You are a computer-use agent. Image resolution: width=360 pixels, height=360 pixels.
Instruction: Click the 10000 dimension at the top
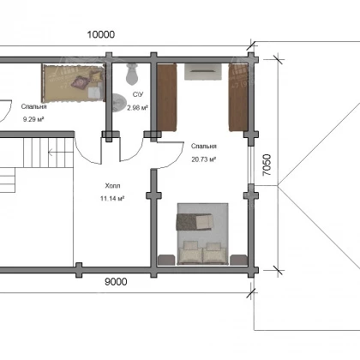tap(101, 34)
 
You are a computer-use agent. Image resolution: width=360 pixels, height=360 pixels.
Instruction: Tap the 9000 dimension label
tap(116, 282)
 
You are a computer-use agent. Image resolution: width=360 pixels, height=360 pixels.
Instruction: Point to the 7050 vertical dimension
tap(267, 165)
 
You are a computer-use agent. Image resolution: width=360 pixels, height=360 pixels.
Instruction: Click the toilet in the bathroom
tap(132, 75)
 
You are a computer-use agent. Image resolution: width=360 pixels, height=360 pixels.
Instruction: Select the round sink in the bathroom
tap(118, 103)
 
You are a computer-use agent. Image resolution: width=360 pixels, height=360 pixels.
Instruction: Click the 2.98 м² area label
tap(137, 108)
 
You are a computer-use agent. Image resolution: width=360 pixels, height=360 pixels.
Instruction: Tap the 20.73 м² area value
tap(203, 159)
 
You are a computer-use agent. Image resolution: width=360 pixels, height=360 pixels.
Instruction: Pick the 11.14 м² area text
tap(112, 198)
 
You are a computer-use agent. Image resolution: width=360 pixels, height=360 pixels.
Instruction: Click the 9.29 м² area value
tap(33, 119)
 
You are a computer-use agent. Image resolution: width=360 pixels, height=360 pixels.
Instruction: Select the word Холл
tap(112, 186)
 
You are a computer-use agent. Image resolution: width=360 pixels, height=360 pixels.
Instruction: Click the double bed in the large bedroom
tap(202, 234)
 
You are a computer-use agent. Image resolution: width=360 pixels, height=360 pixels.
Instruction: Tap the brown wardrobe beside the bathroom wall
tap(166, 98)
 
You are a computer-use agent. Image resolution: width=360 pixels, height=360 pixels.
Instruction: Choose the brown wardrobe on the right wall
tap(238, 98)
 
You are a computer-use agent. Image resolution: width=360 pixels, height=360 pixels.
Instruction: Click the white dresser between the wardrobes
tap(202, 71)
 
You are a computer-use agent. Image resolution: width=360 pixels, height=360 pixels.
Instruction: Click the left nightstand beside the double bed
tap(165, 260)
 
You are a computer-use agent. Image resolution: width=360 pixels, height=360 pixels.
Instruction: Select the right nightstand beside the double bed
tap(238, 260)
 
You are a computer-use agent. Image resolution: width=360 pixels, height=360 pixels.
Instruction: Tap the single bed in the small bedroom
tap(73, 83)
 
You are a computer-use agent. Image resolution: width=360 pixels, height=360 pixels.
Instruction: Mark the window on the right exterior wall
tap(250, 165)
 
